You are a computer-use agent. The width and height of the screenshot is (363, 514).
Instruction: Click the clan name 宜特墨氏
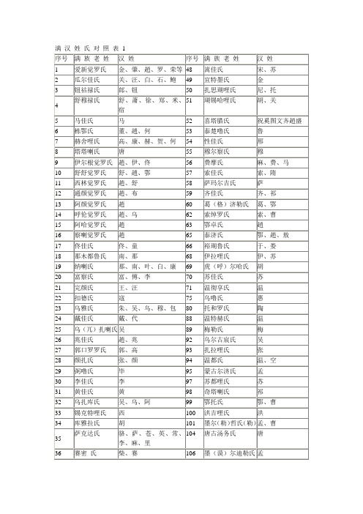click(x=217, y=80)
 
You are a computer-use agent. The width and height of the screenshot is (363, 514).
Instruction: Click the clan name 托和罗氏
click(x=217, y=310)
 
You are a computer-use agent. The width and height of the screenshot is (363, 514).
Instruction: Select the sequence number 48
click(x=189, y=69)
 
